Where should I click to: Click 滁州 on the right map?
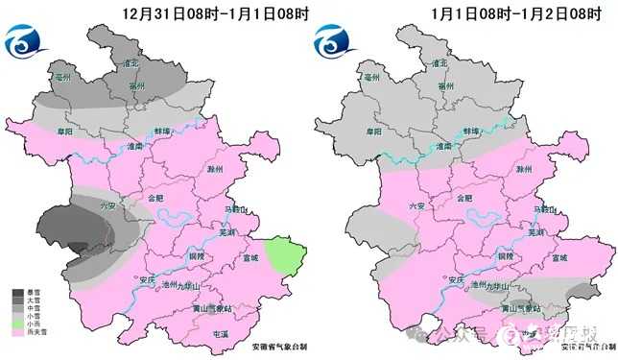(523, 169)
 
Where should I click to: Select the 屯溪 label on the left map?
(220, 332)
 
